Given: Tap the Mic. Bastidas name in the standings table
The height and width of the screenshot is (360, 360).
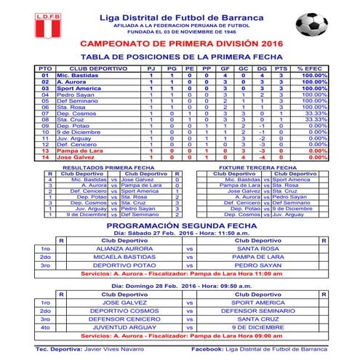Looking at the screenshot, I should [76, 76].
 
